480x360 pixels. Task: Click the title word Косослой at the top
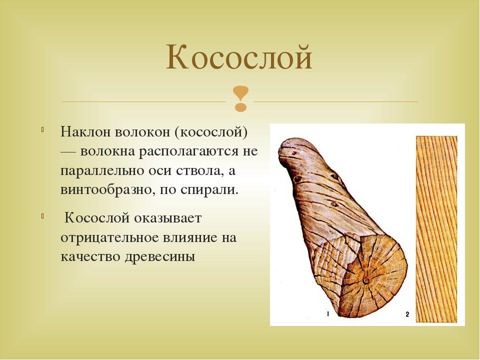(x=239, y=57)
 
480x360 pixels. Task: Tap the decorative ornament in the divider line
(x=240, y=98)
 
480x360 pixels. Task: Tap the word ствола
(x=201, y=171)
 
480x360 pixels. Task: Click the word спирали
(x=209, y=190)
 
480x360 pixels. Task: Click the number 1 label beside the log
(x=328, y=313)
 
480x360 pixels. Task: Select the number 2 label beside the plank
(x=407, y=314)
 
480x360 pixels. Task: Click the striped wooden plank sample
(x=436, y=229)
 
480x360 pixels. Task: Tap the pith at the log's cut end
(x=366, y=279)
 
